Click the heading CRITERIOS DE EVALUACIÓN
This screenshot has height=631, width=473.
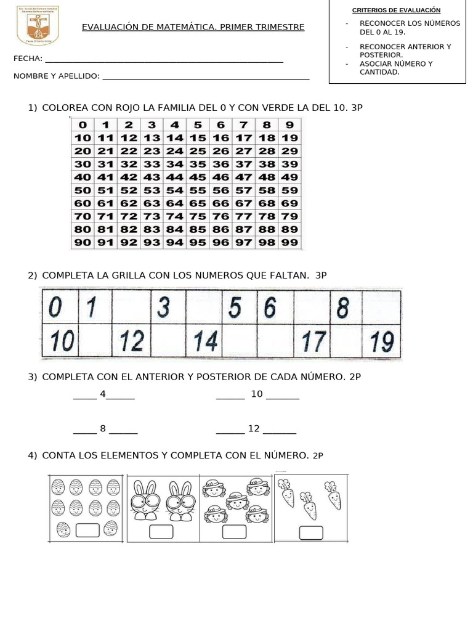click(396, 10)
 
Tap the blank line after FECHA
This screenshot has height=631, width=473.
click(164, 60)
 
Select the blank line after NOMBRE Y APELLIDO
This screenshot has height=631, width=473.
click(205, 78)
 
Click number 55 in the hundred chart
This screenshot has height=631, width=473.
click(198, 190)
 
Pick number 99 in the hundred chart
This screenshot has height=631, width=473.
click(289, 242)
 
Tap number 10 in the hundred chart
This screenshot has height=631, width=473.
click(83, 138)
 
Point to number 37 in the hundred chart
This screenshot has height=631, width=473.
click(244, 164)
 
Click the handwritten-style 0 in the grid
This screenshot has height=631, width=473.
click(55, 307)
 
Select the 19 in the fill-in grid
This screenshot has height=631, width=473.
click(382, 341)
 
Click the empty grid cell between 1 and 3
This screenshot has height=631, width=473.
click(129, 307)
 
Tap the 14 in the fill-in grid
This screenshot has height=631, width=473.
click(206, 341)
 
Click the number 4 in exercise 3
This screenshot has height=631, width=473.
click(103, 394)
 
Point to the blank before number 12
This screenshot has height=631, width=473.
click(230, 430)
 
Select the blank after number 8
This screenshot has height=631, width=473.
click(123, 430)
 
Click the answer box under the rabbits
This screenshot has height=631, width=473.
click(162, 531)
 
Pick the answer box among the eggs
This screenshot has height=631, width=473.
click(88, 529)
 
